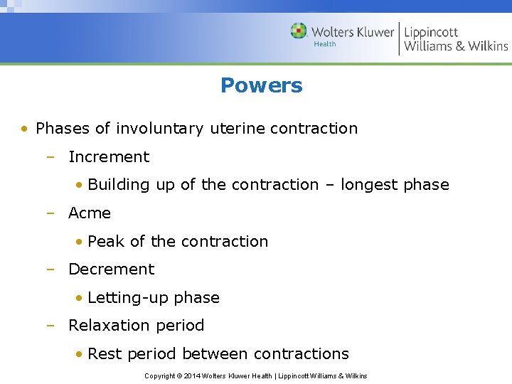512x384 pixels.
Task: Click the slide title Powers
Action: click(x=261, y=85)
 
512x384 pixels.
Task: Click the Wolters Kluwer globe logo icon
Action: click(x=299, y=31)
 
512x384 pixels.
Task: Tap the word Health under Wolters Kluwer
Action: click(x=325, y=44)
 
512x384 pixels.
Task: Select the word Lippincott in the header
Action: click(x=431, y=32)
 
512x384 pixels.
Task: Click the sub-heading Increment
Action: click(x=109, y=157)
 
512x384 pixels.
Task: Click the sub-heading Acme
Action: click(x=90, y=213)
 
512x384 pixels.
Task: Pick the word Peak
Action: click(x=105, y=242)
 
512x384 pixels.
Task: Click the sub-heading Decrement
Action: click(x=111, y=270)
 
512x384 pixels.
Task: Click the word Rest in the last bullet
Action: click(x=105, y=354)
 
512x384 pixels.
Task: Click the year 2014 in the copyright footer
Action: click(x=192, y=376)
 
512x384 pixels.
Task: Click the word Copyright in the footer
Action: click(x=160, y=376)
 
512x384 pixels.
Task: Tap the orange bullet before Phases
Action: click(x=25, y=129)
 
